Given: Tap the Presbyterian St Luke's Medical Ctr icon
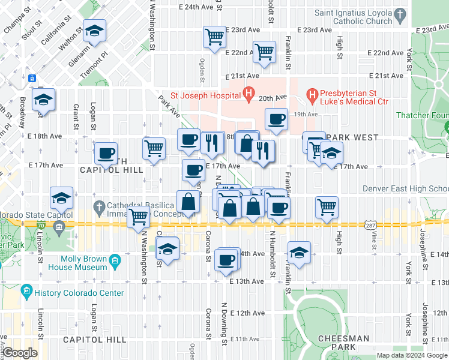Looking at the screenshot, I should (312, 95).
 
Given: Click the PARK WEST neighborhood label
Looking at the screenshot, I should (357, 137).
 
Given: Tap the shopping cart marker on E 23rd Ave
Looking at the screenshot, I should (214, 37).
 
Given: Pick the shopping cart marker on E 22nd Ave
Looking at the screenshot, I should (264, 52).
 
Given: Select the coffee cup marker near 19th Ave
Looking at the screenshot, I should (276, 119).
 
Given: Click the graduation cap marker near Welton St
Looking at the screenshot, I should (94, 30).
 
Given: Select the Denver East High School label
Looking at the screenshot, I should (406, 188).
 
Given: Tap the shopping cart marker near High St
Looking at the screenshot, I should (327, 208).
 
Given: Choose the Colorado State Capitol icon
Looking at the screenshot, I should (59, 226).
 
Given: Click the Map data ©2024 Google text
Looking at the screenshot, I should (412, 355).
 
